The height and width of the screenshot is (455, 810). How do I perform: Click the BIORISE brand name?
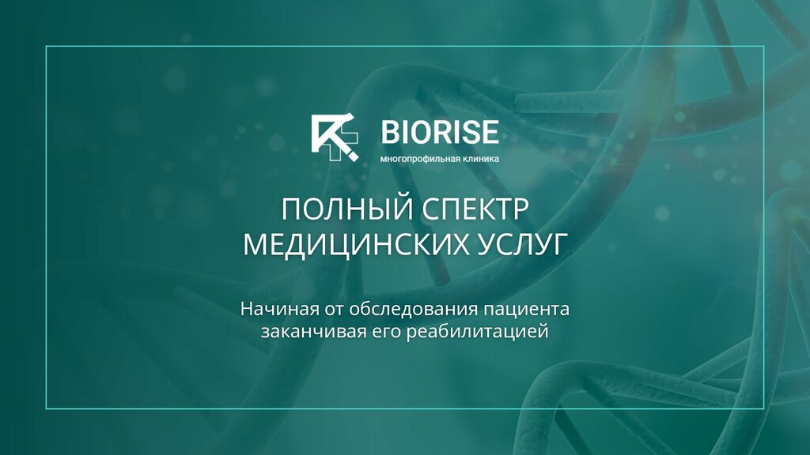coord(440,132)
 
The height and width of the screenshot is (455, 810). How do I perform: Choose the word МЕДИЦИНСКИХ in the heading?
coord(361,244)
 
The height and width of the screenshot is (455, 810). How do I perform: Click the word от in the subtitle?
coord(333,310)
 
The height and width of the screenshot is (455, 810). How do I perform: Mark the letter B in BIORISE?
coord(390,132)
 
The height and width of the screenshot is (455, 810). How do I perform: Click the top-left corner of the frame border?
coord(47,47)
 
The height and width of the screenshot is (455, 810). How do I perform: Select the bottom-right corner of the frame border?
coord(763,408)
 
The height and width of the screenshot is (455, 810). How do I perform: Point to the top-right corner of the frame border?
coord(763,47)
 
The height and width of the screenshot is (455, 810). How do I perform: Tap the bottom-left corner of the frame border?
coord(47,408)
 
